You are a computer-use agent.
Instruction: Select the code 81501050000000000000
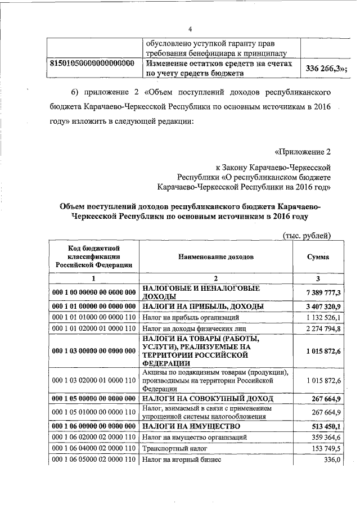[x=92, y=64]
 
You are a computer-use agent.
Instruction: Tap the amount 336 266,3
[x=325, y=69]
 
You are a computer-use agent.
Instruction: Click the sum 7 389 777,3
[x=323, y=292]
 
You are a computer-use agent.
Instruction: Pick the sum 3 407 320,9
[x=323, y=307]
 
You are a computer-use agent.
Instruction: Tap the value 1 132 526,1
[x=324, y=318]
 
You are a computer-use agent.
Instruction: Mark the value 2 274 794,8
[x=324, y=329]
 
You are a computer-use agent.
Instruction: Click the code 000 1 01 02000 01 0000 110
[x=93, y=329]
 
